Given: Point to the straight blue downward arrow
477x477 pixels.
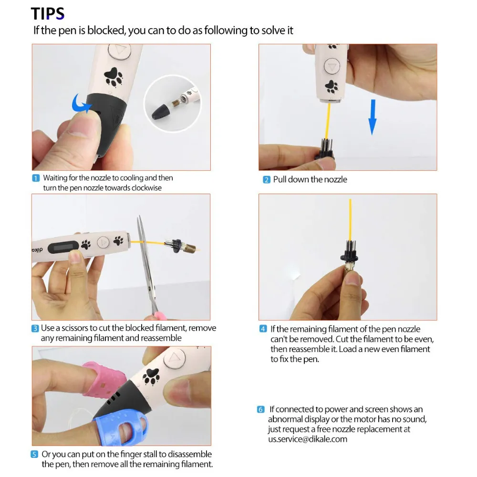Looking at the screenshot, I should (x=373, y=117).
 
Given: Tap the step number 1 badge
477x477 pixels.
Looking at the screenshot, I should (x=36, y=178).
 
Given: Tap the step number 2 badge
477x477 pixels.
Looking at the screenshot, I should (x=266, y=180).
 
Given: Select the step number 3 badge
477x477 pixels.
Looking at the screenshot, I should (x=35, y=328).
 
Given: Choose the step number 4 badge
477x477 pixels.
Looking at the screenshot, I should (x=263, y=329).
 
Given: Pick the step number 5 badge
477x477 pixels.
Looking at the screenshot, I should (x=35, y=455).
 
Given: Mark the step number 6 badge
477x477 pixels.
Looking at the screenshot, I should (x=260, y=410).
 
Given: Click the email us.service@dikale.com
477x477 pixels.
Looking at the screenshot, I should (x=307, y=439).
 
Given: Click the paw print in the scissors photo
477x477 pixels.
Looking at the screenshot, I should (x=86, y=244).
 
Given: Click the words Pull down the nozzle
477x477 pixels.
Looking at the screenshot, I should (x=310, y=180).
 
